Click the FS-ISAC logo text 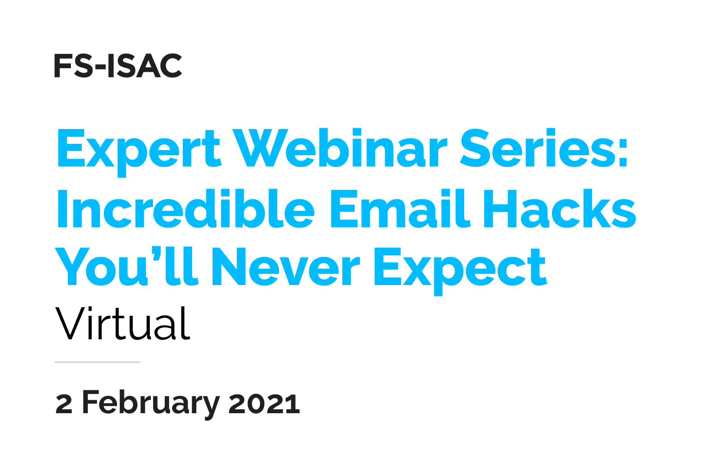click(118, 66)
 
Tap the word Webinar click(339, 148)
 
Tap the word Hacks click(560, 209)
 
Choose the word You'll click(126, 266)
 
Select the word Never click(286, 266)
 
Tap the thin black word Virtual click(123, 324)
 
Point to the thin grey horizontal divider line click(97, 362)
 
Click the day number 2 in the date click(64, 404)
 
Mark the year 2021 click(264, 404)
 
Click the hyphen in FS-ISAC click(100, 68)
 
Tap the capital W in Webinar click(259, 148)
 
